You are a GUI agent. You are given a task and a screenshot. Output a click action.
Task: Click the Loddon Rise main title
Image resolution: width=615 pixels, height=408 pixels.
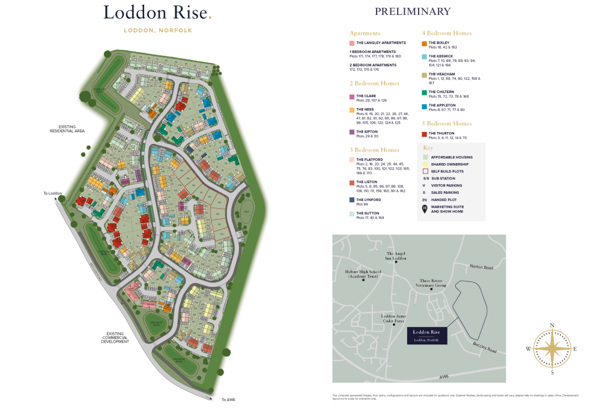[157, 12]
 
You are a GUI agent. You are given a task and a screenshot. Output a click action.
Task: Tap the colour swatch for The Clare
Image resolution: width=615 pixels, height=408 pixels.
[352, 96]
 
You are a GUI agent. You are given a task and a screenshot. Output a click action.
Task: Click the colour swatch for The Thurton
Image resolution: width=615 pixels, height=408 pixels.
[424, 134]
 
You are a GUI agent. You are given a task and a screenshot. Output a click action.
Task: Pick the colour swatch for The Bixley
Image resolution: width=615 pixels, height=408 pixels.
[424, 43]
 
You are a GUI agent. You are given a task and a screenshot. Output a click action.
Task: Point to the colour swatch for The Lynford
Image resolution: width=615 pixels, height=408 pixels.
[352, 200]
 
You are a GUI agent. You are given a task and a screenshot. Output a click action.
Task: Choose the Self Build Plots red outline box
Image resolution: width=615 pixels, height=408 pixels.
[426, 172]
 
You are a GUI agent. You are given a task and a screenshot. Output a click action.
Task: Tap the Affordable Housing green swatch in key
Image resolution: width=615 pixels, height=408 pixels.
[426, 157]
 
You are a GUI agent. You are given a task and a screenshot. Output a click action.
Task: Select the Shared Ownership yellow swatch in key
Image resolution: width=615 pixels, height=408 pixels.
[426, 164]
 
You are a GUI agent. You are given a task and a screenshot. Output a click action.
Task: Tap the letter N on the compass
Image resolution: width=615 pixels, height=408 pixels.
[551, 326]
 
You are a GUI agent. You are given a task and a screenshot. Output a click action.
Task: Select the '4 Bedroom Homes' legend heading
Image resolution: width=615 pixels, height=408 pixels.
[447, 33]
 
